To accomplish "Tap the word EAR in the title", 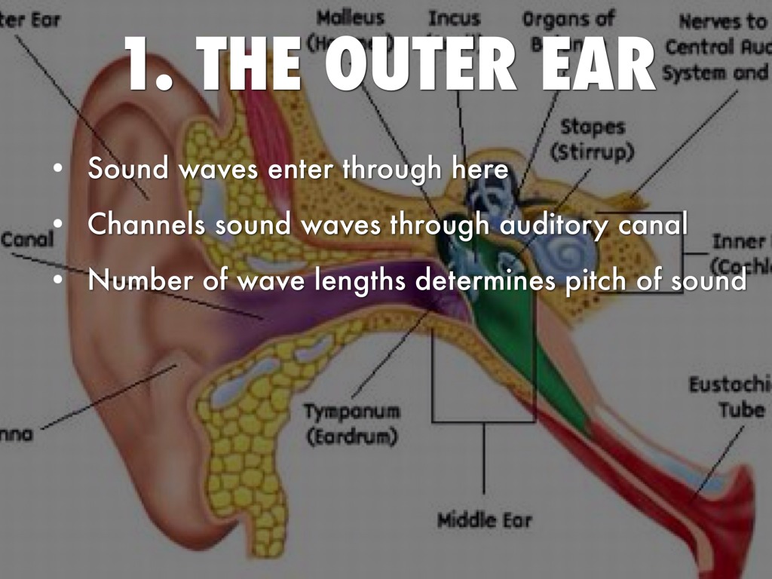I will point(595,66).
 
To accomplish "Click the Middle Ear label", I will point(485,519).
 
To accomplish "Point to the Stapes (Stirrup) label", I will point(592,139).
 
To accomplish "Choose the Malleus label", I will point(351,17).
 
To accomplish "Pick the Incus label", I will point(455,17).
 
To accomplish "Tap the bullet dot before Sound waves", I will point(58,170).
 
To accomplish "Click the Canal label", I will point(27,240).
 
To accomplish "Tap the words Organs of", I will point(568,17).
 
